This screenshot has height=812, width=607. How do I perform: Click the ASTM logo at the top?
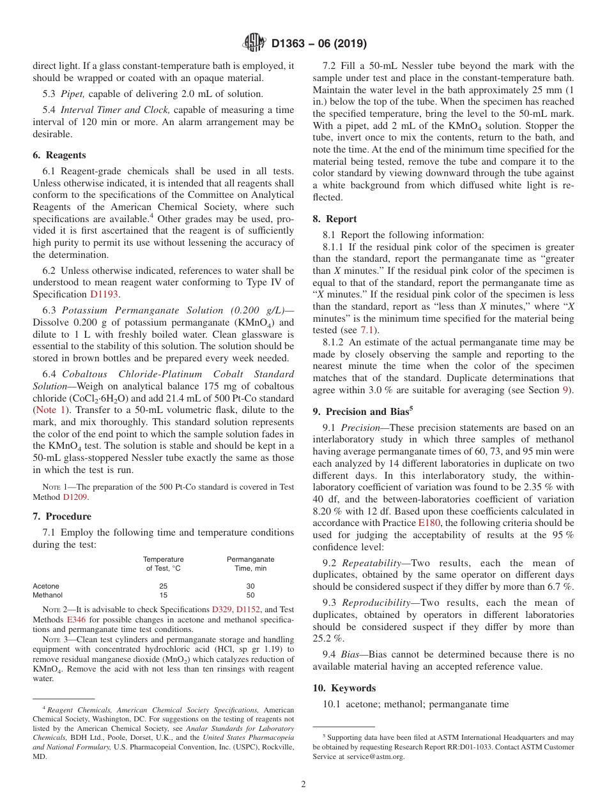point(254,44)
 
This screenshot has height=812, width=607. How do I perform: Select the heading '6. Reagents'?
point(59,155)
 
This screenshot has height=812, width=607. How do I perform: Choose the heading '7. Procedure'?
point(62,516)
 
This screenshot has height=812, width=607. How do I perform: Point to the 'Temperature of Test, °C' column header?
point(163,564)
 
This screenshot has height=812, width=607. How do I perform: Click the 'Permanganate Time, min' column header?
point(250,564)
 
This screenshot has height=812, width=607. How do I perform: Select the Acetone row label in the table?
point(46,586)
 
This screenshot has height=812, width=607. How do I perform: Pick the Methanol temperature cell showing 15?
point(163,595)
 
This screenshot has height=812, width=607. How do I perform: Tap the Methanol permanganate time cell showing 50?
point(250,595)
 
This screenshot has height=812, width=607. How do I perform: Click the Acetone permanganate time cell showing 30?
point(250,586)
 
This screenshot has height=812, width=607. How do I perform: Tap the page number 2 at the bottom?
point(303,785)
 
